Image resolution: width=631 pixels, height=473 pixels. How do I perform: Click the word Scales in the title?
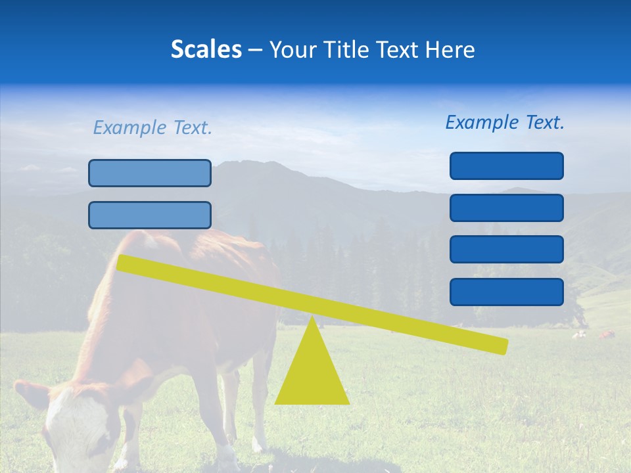pos(206,49)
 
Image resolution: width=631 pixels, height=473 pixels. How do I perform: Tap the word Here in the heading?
pos(449,49)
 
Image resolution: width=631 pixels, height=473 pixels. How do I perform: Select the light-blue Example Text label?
pos(152,127)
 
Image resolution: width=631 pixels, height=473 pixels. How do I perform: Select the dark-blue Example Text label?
pos(505,122)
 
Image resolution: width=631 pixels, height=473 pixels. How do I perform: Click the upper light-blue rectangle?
pos(150,173)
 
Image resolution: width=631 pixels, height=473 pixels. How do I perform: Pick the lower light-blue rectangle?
pos(150,215)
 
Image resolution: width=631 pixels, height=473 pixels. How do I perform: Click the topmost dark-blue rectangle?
pos(506,166)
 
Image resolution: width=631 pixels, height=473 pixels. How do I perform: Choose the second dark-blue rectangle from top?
pos(506,208)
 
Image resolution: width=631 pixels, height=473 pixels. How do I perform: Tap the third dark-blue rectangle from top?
pos(506,250)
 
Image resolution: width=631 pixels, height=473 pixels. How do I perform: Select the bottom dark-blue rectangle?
pos(506,292)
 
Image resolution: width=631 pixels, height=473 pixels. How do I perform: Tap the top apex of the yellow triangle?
pos(312,318)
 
